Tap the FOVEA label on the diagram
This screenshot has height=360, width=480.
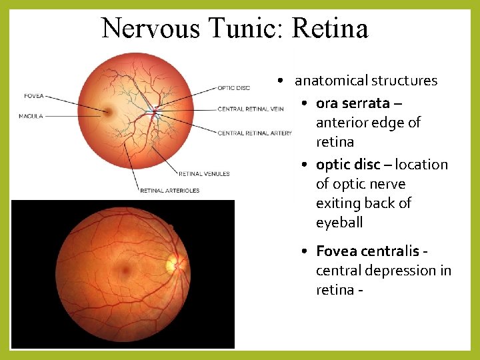point(33,96)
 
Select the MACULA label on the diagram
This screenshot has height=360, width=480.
point(31,116)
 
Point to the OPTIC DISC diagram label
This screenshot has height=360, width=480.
point(233,88)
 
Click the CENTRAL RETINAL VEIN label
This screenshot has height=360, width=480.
point(250,109)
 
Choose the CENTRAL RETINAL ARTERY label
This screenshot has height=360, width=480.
point(255,133)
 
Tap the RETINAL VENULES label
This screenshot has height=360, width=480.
point(204,174)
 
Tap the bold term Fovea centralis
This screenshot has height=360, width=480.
point(367,251)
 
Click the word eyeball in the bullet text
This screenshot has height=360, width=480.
point(339,223)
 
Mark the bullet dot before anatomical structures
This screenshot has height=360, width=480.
point(283,81)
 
